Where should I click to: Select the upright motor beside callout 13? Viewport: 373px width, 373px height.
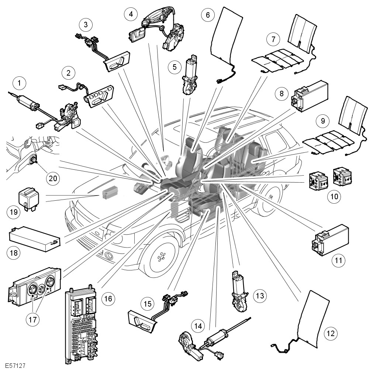tap(238, 291)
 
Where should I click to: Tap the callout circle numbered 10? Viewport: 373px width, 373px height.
tap(334, 196)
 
